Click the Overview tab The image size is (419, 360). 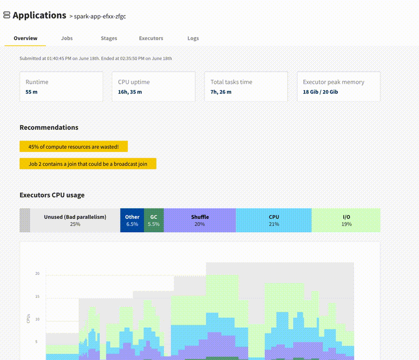pyautogui.click(x=25, y=39)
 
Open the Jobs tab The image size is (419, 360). pyautogui.click(x=67, y=39)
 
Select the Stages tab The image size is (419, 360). pyautogui.click(x=109, y=39)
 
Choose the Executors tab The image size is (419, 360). pyautogui.click(x=151, y=39)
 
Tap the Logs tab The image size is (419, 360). pyautogui.click(x=193, y=39)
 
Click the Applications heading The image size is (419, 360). pyautogui.click(x=39, y=16)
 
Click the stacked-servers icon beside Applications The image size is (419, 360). pyautogui.click(x=7, y=16)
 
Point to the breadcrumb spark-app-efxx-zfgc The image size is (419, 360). pyautogui.click(x=100, y=17)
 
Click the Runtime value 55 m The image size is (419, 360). pyautogui.click(x=32, y=92)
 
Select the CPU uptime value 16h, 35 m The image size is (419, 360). pyautogui.click(x=130, y=92)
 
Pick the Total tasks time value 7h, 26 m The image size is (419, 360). pyautogui.click(x=221, y=92)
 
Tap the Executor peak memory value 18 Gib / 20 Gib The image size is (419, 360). pyautogui.click(x=320, y=92)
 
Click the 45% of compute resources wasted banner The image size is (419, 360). pyautogui.click(x=73, y=147)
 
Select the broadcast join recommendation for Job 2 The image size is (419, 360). pyautogui.click(x=88, y=164)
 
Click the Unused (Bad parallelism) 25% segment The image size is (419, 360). pyautogui.click(x=75, y=220)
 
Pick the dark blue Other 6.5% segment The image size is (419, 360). pyautogui.click(x=132, y=220)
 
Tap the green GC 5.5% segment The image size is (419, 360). pyautogui.click(x=153, y=220)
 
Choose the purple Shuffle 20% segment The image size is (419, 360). pyautogui.click(x=199, y=220)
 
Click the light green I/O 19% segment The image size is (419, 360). pyautogui.click(x=346, y=220)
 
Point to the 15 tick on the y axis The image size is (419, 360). pyautogui.click(x=37, y=297)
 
